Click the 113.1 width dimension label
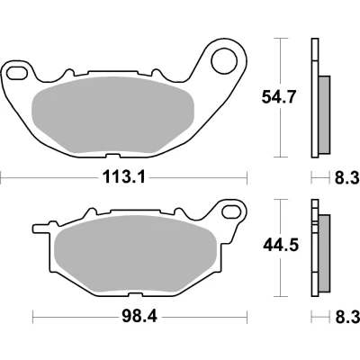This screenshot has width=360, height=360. (x=124, y=177)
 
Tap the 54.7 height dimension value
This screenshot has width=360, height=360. (x=279, y=97)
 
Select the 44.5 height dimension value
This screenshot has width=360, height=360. (x=281, y=246)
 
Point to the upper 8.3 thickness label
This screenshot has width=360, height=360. (x=347, y=178)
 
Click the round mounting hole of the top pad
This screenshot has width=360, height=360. (x=224, y=61)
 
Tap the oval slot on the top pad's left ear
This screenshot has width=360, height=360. (x=17, y=73)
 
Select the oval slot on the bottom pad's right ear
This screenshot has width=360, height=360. (x=232, y=211)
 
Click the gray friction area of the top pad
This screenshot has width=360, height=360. (x=112, y=115)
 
